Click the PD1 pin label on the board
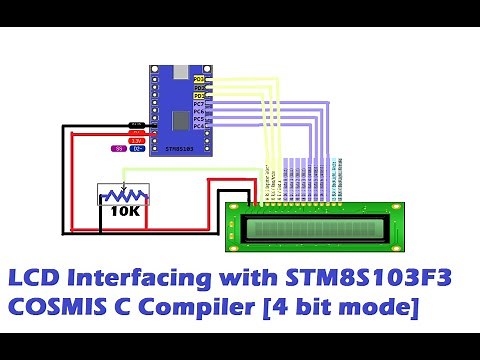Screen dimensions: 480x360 [x=198, y=78]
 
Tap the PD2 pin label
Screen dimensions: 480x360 [x=198, y=87]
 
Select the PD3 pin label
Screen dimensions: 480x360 [x=198, y=96]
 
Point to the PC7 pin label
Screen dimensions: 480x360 [x=198, y=104]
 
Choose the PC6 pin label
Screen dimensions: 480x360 [x=198, y=112]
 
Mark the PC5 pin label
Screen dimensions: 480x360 [x=198, y=120]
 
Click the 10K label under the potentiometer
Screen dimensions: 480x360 [x=125, y=212]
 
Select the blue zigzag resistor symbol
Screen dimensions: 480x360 [x=124, y=194]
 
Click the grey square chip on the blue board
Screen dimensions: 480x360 [x=180, y=120]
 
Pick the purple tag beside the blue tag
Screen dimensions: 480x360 [x=118, y=148]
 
